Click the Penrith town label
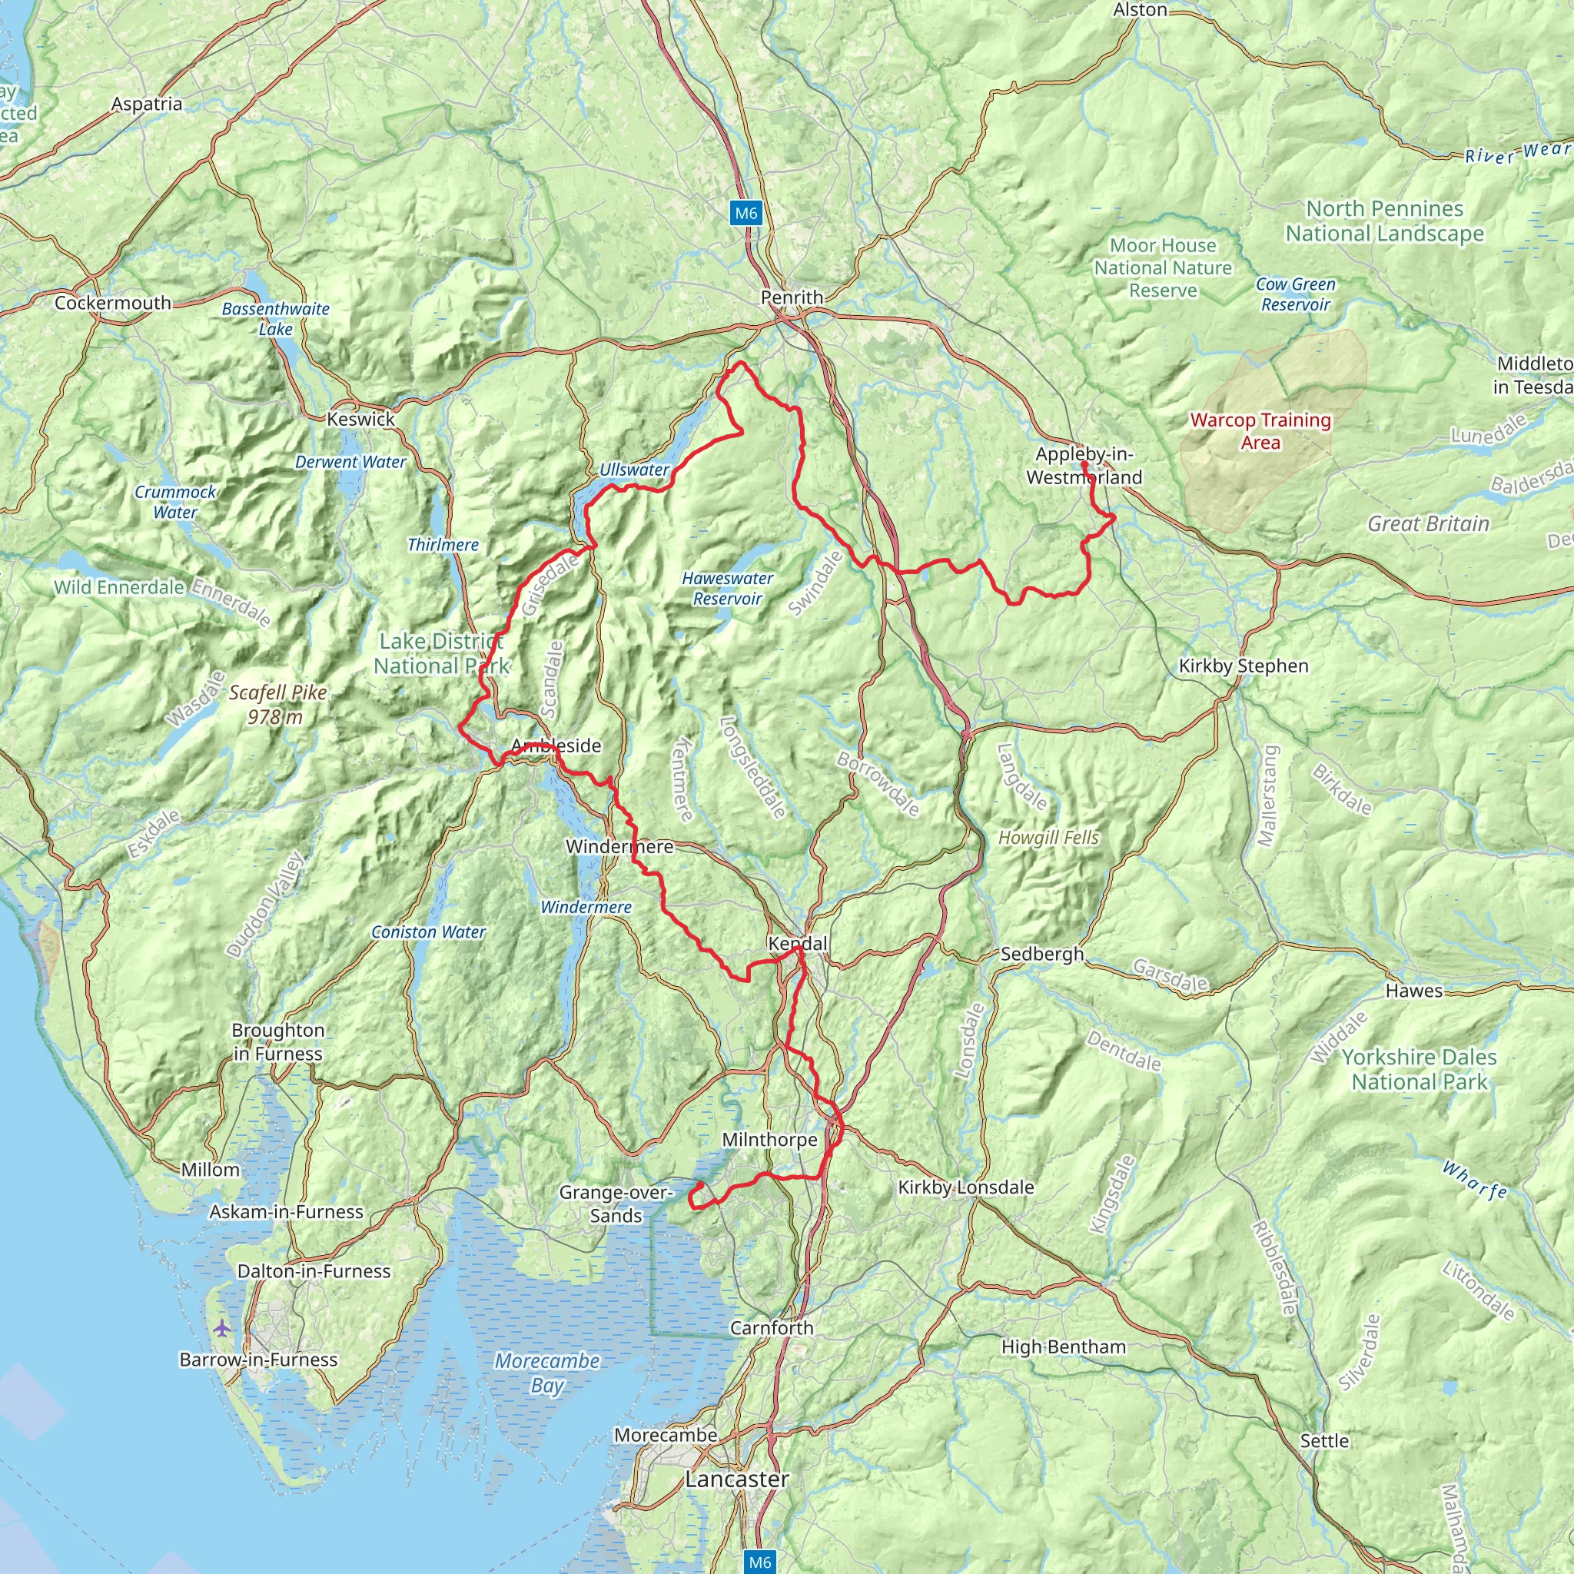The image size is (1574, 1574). (x=791, y=297)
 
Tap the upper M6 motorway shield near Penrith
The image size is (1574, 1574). (x=745, y=214)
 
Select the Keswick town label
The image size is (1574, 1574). (x=360, y=419)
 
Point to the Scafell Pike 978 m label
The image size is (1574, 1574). (x=277, y=704)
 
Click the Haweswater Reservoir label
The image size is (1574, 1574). (x=727, y=588)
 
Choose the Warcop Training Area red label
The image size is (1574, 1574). (x=1260, y=431)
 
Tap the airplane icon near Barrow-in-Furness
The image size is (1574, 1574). (x=221, y=1329)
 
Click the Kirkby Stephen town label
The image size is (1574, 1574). (x=1244, y=666)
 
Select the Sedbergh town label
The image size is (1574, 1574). (x=1041, y=953)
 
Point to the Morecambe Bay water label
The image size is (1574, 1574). (x=546, y=1373)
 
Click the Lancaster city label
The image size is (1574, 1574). (x=736, y=1479)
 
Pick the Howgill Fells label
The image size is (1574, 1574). (x=1048, y=838)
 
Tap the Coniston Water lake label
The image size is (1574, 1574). (x=428, y=932)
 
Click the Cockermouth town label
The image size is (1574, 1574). (x=112, y=303)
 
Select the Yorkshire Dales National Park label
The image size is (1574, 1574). (x=1419, y=1069)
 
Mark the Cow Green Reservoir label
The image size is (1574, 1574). (x=1294, y=294)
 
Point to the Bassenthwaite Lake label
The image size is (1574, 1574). (x=275, y=318)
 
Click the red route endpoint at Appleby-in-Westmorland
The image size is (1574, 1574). (x=1084, y=464)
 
